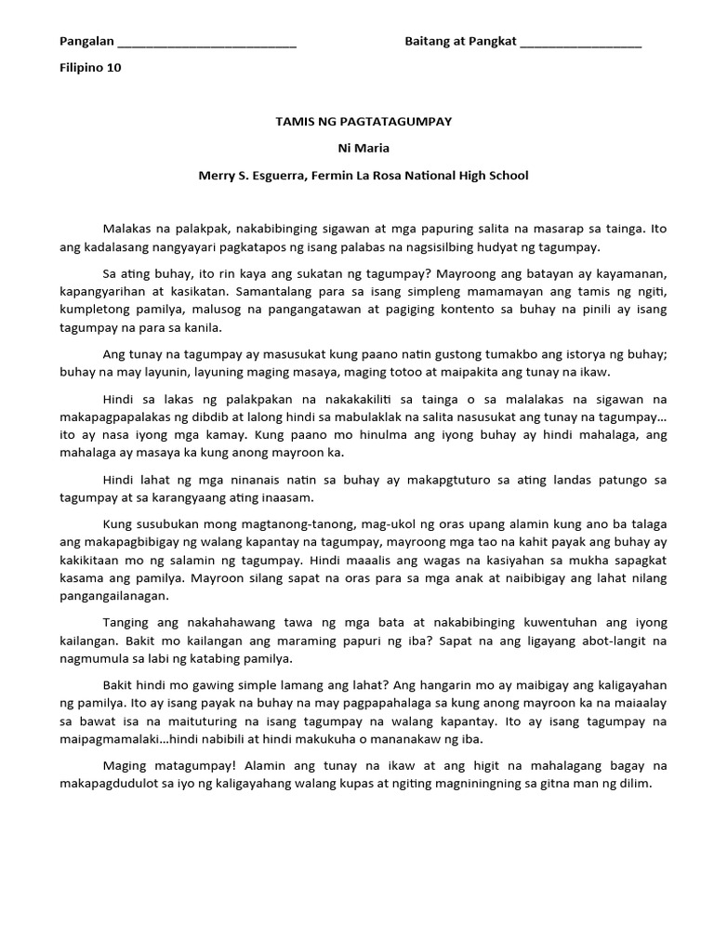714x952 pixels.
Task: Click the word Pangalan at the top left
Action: (x=86, y=42)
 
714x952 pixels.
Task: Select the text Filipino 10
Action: (x=90, y=68)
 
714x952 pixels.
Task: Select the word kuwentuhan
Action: (x=536, y=622)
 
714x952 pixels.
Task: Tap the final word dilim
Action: (x=638, y=784)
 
